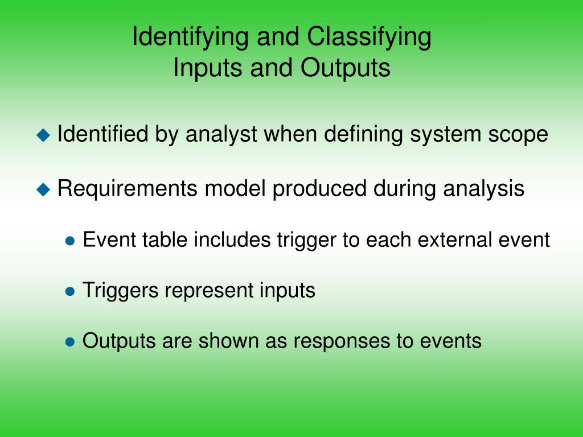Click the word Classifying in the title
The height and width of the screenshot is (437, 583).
pos(369,38)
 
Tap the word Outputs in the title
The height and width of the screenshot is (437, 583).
pos(346,68)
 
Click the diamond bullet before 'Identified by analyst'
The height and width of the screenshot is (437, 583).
pos(43,135)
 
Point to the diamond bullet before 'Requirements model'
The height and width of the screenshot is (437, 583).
pos(43,189)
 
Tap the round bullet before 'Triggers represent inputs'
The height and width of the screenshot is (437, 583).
pos(71,291)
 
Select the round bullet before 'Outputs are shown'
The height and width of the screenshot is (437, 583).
pos(71,342)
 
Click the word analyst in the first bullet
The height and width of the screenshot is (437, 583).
pos(220,135)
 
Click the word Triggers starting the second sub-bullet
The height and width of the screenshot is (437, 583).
pos(121,291)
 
